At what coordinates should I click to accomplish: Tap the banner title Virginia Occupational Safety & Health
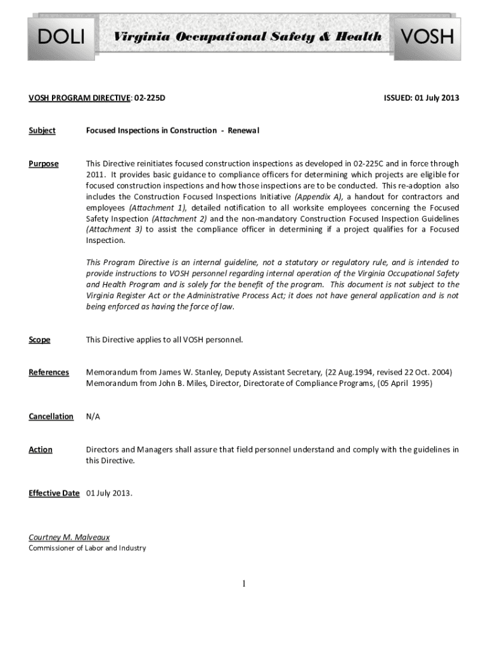pyautogui.click(x=247, y=37)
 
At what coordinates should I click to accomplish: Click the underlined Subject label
pyautogui.click(x=42, y=130)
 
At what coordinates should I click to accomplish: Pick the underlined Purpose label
pyautogui.click(x=44, y=164)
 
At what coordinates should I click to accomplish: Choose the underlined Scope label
pyautogui.click(x=39, y=340)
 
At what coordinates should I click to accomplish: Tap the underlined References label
pyautogui.click(x=49, y=372)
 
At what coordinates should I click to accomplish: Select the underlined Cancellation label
pyautogui.click(x=51, y=416)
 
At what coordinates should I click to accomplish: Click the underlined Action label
pyautogui.click(x=41, y=449)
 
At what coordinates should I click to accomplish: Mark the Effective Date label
pyautogui.click(x=54, y=494)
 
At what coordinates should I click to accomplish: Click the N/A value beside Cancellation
pyautogui.click(x=93, y=416)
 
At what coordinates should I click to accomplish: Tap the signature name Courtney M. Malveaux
pyautogui.click(x=69, y=537)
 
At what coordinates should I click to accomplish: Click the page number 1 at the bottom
pyautogui.click(x=243, y=583)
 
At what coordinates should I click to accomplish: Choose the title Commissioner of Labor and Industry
pyautogui.click(x=87, y=548)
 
